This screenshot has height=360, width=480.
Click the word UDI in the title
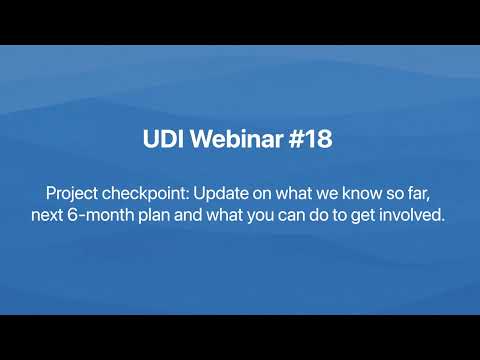point(164,139)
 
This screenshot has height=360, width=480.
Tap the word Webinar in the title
point(237,138)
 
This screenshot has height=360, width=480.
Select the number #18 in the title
point(311,139)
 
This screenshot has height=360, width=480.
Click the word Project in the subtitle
point(72,194)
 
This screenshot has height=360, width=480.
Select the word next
point(47,215)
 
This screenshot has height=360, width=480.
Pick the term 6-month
point(101,215)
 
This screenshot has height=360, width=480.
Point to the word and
point(188,215)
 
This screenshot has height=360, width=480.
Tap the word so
point(394,195)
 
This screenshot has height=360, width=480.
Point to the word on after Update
point(262,195)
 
